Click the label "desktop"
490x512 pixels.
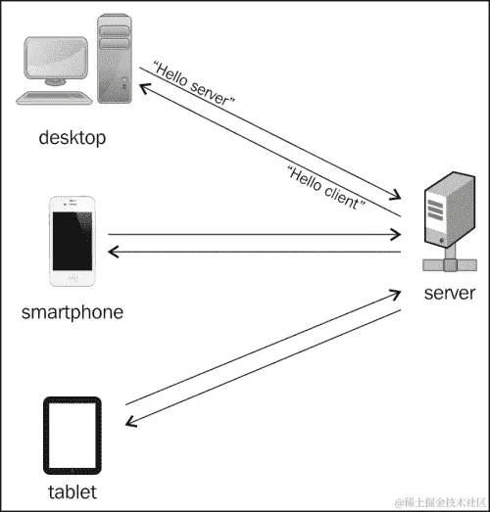pyautogui.click(x=72, y=137)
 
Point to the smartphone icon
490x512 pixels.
pyautogui.click(x=72, y=244)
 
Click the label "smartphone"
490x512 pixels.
pyautogui.click(x=72, y=313)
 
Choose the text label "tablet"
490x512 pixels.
pyautogui.click(x=72, y=490)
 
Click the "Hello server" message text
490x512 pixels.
pyautogui.click(x=195, y=87)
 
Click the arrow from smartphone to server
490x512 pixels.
pyautogui.click(x=255, y=235)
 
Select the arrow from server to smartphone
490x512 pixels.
pyautogui.click(x=255, y=253)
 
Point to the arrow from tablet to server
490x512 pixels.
pyautogui.click(x=265, y=347)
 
